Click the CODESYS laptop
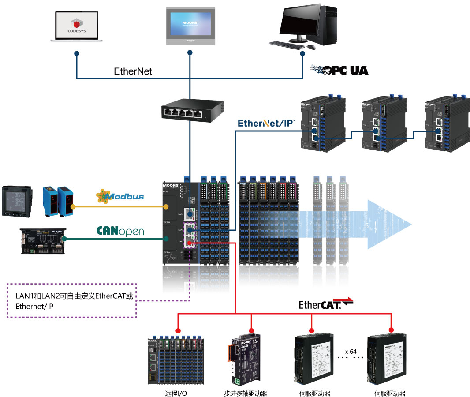[77, 26]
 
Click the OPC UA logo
[339, 70]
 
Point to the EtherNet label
[133, 71]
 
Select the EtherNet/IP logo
[266, 123]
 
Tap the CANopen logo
[120, 231]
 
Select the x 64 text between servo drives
[351, 352]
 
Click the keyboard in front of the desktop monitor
[287, 44]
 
